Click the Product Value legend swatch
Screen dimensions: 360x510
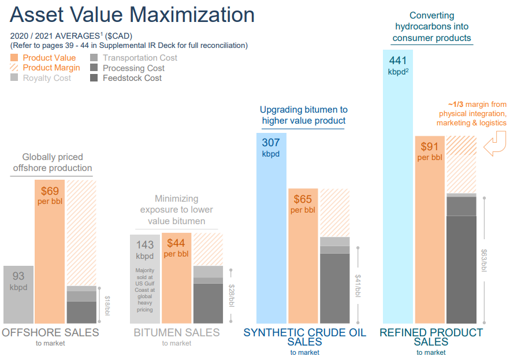click(15, 58)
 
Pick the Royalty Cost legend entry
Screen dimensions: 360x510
click(46, 78)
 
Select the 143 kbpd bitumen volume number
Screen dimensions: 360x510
click(144, 245)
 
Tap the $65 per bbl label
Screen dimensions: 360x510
click(303, 204)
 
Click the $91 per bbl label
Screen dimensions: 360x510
click(430, 151)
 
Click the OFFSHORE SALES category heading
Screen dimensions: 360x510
click(50, 333)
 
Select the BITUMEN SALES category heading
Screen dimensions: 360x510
click(176, 333)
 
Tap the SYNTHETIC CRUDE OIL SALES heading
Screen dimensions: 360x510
click(304, 337)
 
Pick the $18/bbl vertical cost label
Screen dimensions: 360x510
click(106, 305)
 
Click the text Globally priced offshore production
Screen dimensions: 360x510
click(53, 162)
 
